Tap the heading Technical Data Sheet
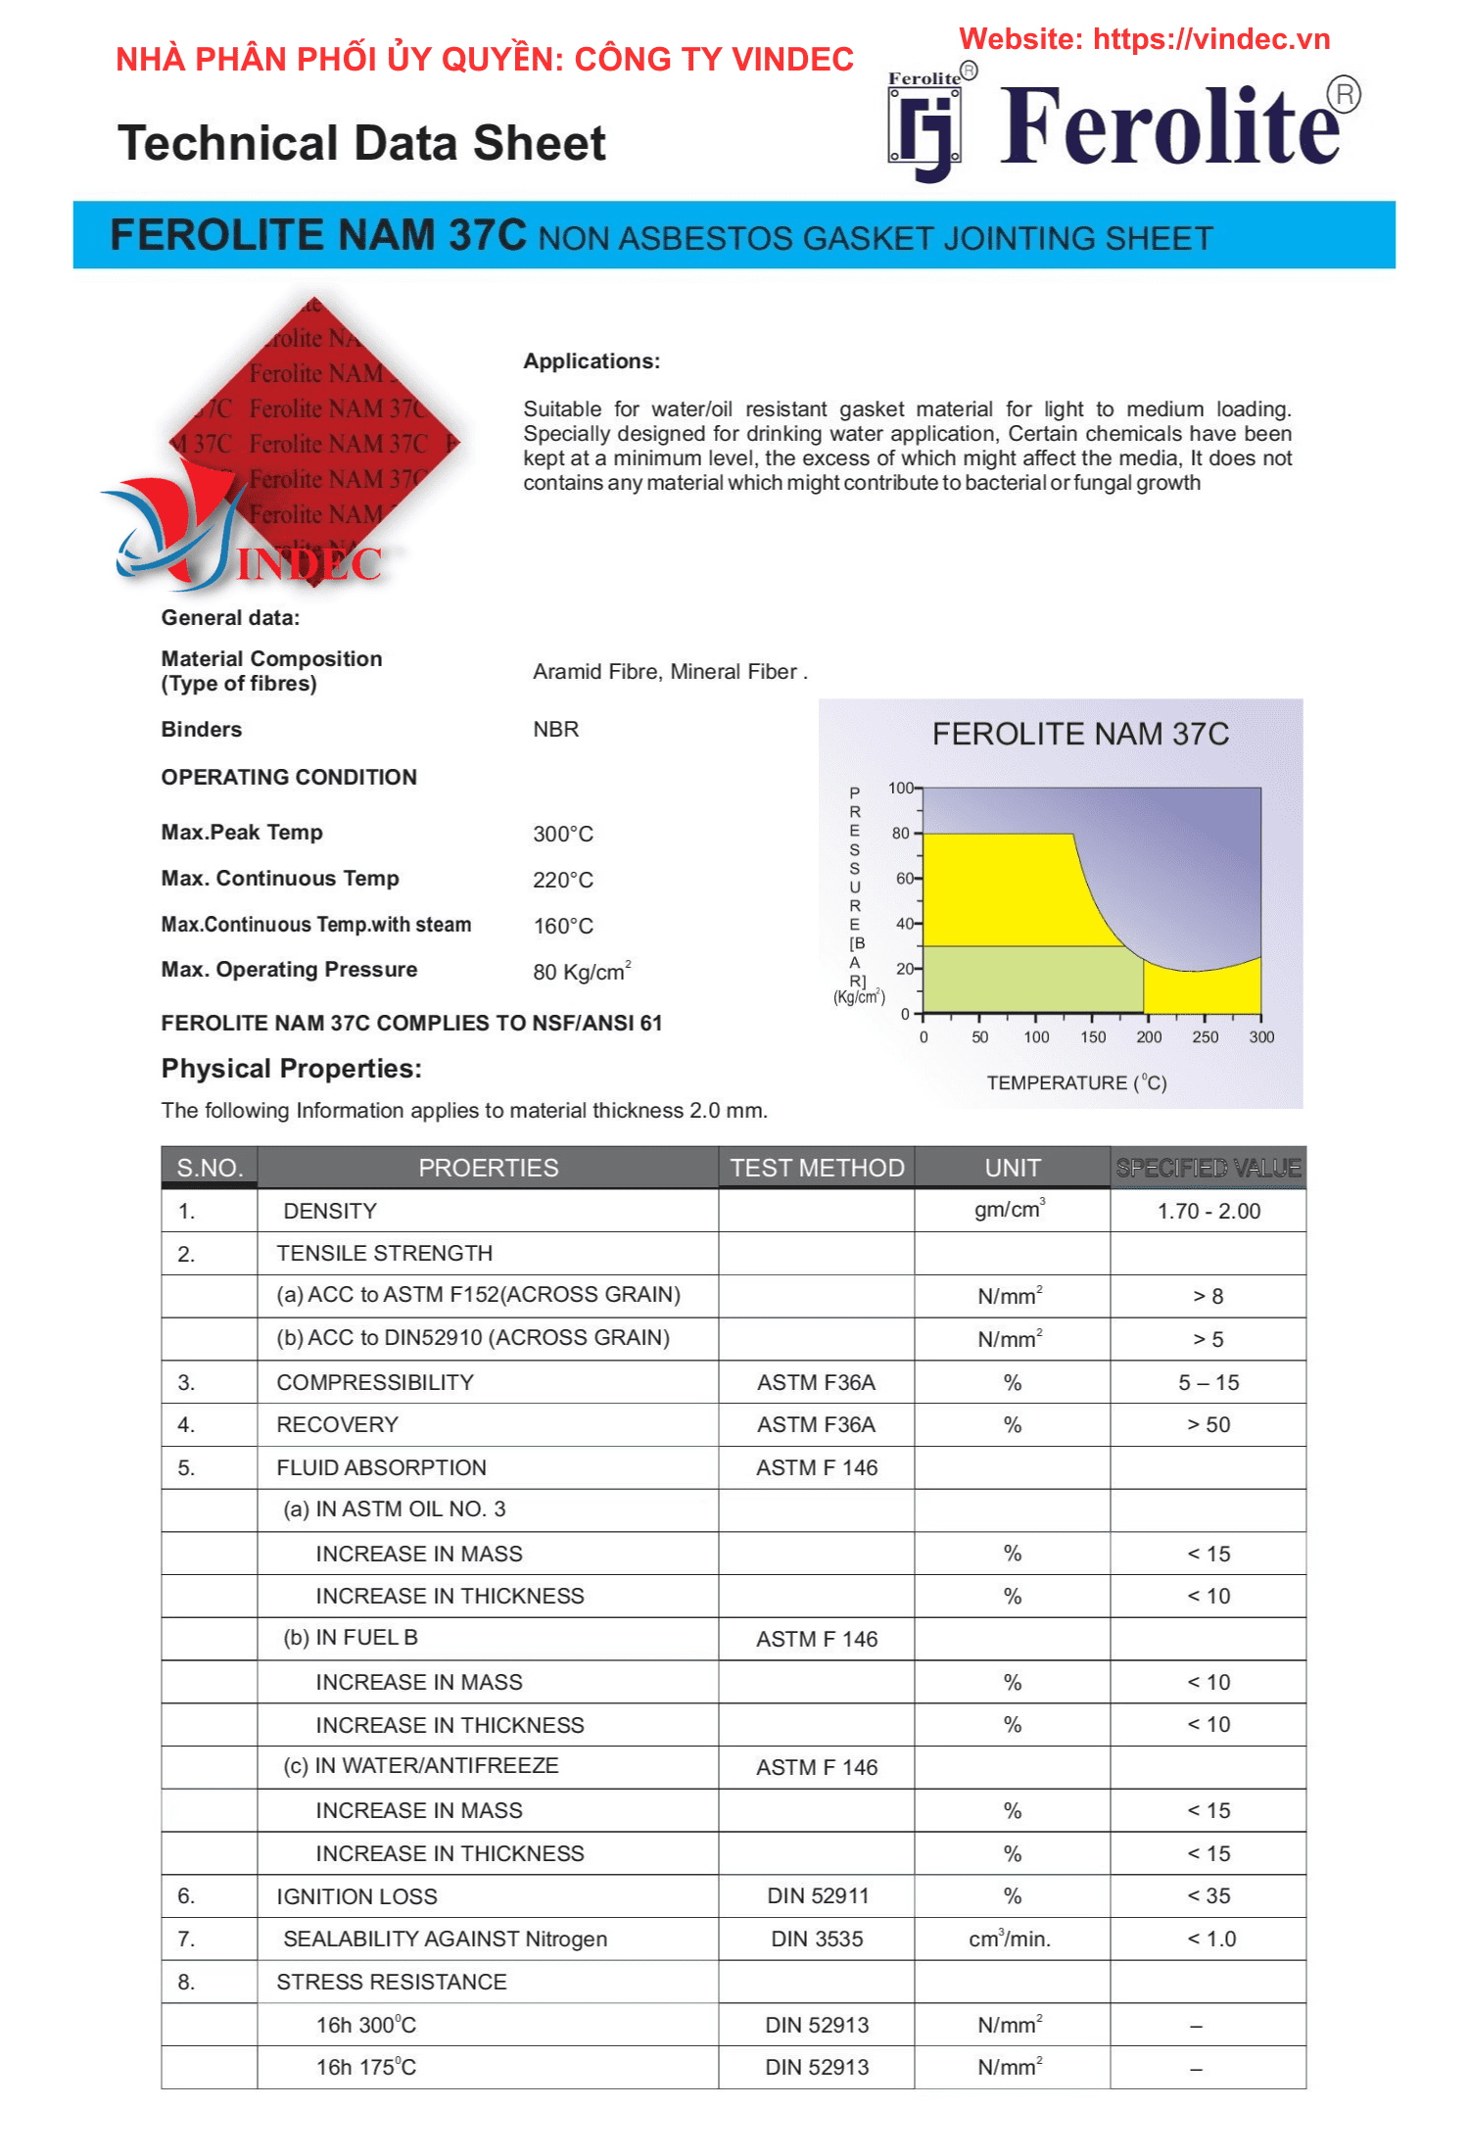(361, 143)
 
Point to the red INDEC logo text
(309, 564)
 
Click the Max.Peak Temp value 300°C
(563, 834)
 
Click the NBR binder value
(555, 729)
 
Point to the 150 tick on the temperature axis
(1093, 1037)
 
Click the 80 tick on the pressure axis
(900, 834)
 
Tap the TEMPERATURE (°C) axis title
(1076, 1082)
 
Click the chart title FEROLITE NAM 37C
(1080, 734)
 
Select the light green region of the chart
(1028, 979)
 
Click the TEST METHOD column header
(817, 1168)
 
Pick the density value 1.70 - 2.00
(1208, 1211)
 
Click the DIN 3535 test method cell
(817, 1939)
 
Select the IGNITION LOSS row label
(356, 1896)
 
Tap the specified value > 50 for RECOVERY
(1208, 1424)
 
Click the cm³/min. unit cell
(1010, 1939)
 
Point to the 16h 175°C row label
(365, 2067)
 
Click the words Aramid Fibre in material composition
(596, 672)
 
